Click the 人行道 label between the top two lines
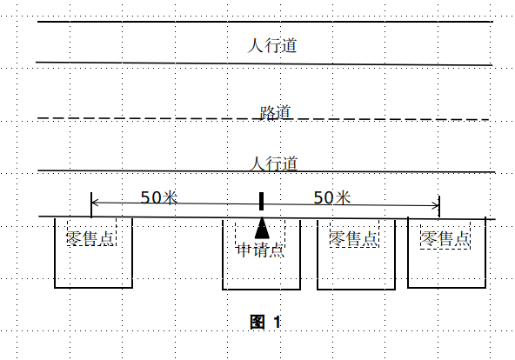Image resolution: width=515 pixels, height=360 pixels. pos(272,45)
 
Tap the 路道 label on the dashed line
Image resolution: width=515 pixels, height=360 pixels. pos(275,112)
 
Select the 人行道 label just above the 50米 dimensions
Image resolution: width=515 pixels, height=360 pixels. pos(273,163)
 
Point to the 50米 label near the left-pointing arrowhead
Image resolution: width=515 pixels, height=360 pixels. pos(159,197)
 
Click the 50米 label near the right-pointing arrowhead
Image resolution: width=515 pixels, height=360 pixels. pos(332,197)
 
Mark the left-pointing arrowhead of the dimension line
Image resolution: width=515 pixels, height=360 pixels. pos(95,203)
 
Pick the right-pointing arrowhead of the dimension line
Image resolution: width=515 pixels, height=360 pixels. pos(436,206)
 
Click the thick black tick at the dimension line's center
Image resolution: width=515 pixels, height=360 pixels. pos(262,201)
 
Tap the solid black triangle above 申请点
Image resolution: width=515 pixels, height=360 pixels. pos(262,228)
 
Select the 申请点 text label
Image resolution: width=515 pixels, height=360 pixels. pos(260,250)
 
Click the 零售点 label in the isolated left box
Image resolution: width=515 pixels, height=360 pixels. pos(90,238)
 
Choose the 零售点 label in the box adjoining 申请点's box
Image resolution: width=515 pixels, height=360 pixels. pos(354,238)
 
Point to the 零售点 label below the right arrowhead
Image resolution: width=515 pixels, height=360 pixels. pos(445,238)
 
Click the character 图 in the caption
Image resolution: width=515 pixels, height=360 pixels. pos(257,322)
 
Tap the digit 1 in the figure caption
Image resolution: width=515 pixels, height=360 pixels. pos(278,322)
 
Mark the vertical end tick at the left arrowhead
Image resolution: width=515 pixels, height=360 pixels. pos(91,204)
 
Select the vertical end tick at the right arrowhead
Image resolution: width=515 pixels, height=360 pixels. pos(439,206)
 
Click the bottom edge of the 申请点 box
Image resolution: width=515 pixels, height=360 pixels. pos(262,290)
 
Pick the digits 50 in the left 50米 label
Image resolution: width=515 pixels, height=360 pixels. pos(150,197)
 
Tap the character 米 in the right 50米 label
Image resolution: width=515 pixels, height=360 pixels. pos(343,197)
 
